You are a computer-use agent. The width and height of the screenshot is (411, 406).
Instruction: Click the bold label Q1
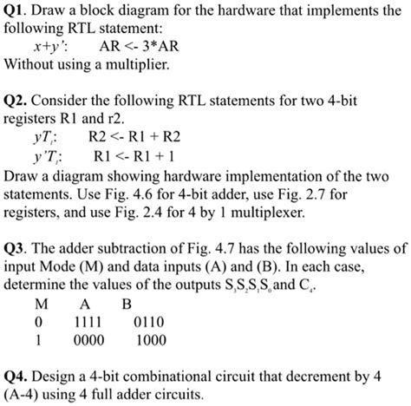click(17, 12)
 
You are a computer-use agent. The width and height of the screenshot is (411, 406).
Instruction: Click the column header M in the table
click(39, 304)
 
